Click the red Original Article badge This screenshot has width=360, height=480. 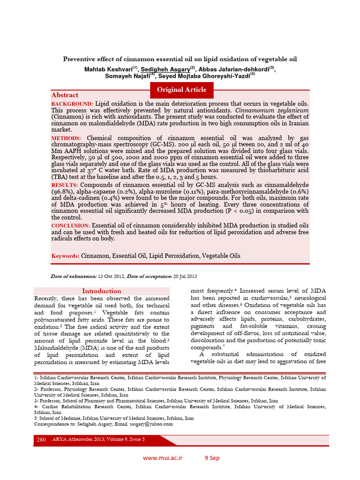pyautogui.click(x=181, y=90)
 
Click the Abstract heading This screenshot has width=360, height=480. pyautogui.click(x=65, y=95)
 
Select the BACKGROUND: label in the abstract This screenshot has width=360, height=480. pyautogui.click(x=73, y=103)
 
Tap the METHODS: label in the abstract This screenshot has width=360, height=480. pyautogui.click(x=66, y=138)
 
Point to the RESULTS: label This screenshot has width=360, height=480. pyautogui.click(x=66, y=185)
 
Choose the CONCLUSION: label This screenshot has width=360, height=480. pyautogui.click(x=70, y=225)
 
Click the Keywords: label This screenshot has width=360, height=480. pyautogui.click(x=66, y=256)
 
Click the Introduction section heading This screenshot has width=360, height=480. pyautogui.click(x=102, y=291)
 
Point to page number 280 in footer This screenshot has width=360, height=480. pyautogui.click(x=41, y=439)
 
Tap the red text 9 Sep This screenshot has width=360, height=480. pyautogui.click(x=211, y=458)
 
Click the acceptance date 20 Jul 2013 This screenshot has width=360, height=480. pyautogui.click(x=184, y=277)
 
